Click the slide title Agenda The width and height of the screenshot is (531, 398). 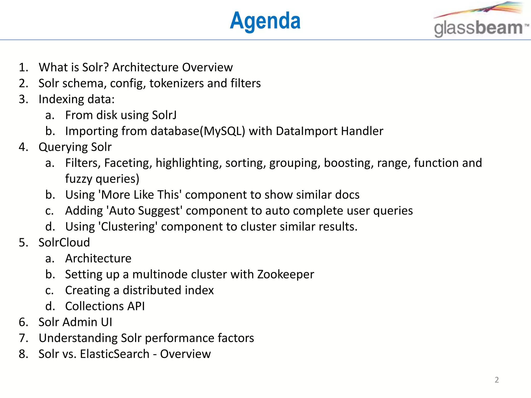tap(265, 21)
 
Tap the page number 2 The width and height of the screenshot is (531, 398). tap(497, 380)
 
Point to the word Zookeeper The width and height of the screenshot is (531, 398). tap(285, 274)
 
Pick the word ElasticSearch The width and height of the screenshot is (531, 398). tap(115, 354)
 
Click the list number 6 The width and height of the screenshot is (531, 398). tap(23, 322)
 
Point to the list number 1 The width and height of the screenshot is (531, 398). tap(23, 67)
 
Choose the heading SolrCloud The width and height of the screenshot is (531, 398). tap(64, 243)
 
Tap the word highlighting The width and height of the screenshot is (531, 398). tap(188, 163)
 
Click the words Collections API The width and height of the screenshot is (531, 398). tap(105, 306)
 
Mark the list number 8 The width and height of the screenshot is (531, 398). tap(23, 354)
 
